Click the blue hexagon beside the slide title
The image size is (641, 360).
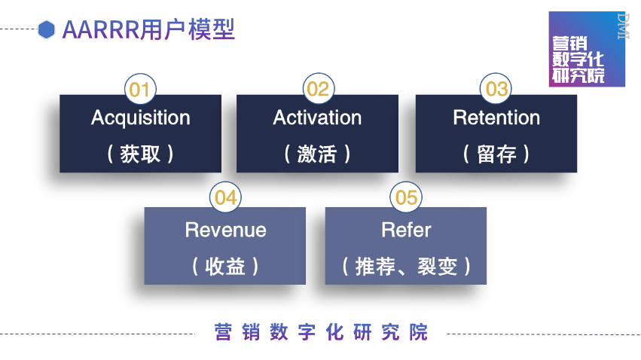(x=47, y=29)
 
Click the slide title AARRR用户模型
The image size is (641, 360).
(x=148, y=29)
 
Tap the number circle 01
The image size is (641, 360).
(x=139, y=90)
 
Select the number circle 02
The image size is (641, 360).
(x=318, y=90)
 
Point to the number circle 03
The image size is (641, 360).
(x=496, y=90)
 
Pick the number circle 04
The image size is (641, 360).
(x=225, y=197)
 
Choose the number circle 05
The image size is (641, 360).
(x=406, y=197)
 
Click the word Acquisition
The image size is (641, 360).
(x=140, y=118)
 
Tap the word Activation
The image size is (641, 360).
(x=317, y=118)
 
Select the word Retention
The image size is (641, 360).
(x=496, y=118)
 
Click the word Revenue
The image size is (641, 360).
(x=225, y=230)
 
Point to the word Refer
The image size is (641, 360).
(x=406, y=230)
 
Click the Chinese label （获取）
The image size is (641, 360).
(x=140, y=154)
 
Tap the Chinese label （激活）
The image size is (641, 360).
(x=317, y=154)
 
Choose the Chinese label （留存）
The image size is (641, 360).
(x=496, y=154)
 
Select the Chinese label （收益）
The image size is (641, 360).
(x=225, y=266)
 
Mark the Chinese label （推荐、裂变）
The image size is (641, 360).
(x=406, y=266)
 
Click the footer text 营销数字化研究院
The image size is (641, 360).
(x=320, y=332)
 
